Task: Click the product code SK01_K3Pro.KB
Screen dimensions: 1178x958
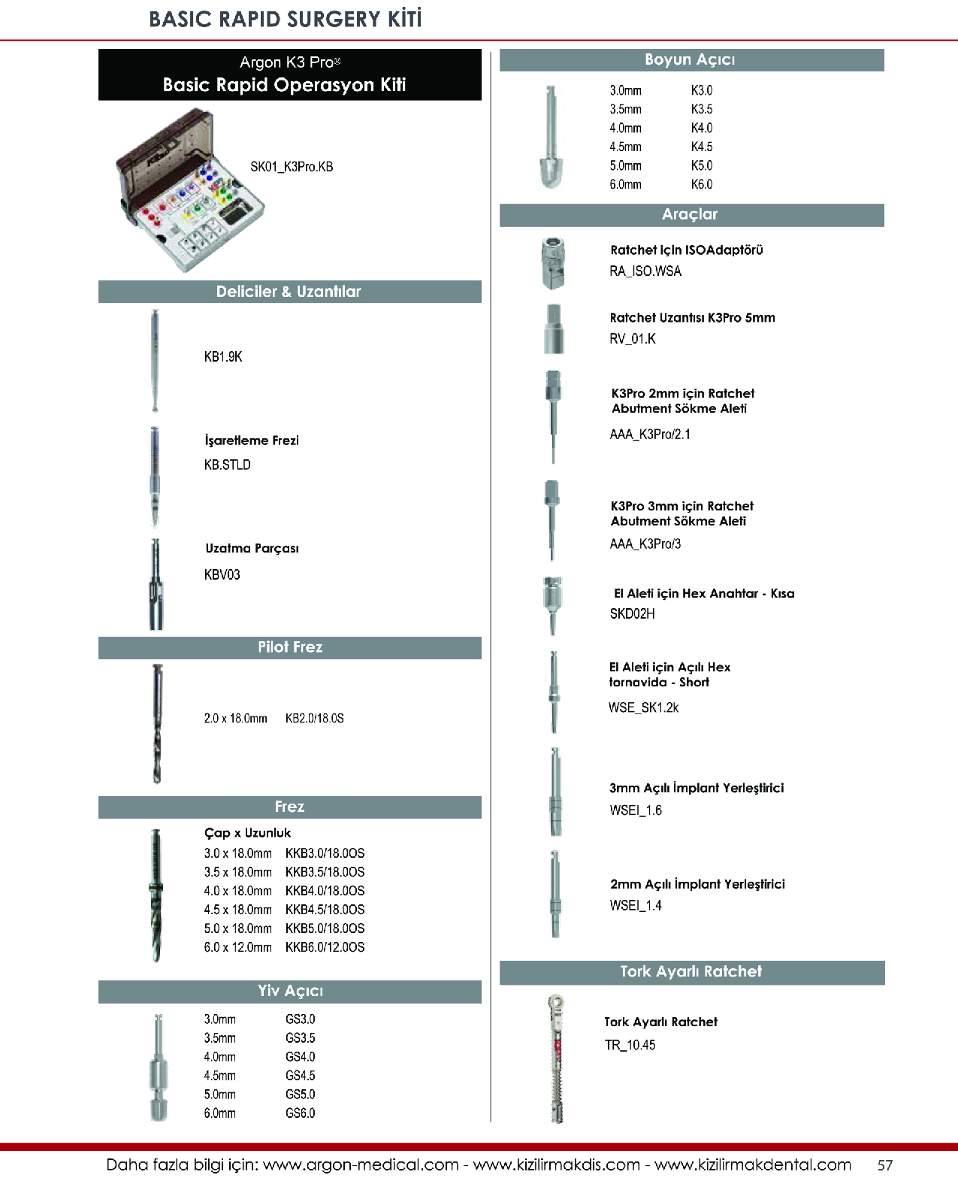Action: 292,167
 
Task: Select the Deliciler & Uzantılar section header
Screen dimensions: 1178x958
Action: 289,292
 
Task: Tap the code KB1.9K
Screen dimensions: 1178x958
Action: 223,357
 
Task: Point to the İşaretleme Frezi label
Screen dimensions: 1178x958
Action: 252,441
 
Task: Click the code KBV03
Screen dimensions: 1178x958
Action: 222,575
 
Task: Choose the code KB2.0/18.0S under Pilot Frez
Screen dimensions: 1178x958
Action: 315,719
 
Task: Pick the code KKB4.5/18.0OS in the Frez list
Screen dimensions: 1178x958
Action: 325,910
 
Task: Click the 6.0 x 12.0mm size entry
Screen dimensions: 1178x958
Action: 237,947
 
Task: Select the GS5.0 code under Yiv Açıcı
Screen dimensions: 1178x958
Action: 301,1095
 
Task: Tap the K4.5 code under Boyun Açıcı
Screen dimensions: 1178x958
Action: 702,147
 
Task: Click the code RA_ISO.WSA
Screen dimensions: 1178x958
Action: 645,271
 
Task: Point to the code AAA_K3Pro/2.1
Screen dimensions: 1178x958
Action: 650,435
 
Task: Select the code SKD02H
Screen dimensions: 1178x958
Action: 632,614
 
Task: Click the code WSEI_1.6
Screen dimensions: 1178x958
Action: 636,810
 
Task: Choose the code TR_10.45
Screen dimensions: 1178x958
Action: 630,1045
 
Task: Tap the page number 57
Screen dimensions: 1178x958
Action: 885,1165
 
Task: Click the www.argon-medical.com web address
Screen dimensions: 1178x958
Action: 361,1165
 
